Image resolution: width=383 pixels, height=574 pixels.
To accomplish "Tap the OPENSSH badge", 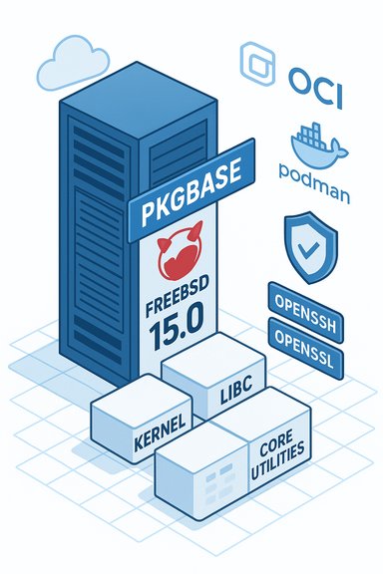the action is tap(306, 301).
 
